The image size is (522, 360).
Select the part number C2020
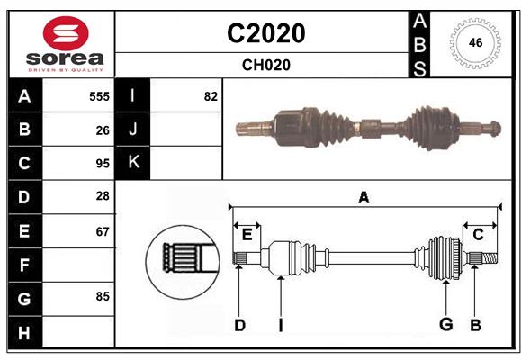coord(265,33)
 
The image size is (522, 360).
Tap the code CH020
coord(265,65)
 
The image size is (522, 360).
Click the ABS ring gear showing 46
coord(473,43)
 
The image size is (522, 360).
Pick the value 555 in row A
coord(99,96)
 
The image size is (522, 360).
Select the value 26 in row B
coord(103,130)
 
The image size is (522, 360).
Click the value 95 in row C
coord(103,164)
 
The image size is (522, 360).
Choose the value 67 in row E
coord(103,231)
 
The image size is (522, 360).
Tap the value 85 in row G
coord(103,295)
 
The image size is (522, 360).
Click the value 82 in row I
coord(211,96)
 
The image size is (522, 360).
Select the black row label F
coord(24,265)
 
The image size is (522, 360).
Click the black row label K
coord(133,163)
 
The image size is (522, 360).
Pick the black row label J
coord(133,130)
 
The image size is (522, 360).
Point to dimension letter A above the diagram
coord(364,197)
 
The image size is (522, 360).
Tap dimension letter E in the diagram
coord(247,234)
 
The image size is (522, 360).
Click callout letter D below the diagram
coord(239,325)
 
